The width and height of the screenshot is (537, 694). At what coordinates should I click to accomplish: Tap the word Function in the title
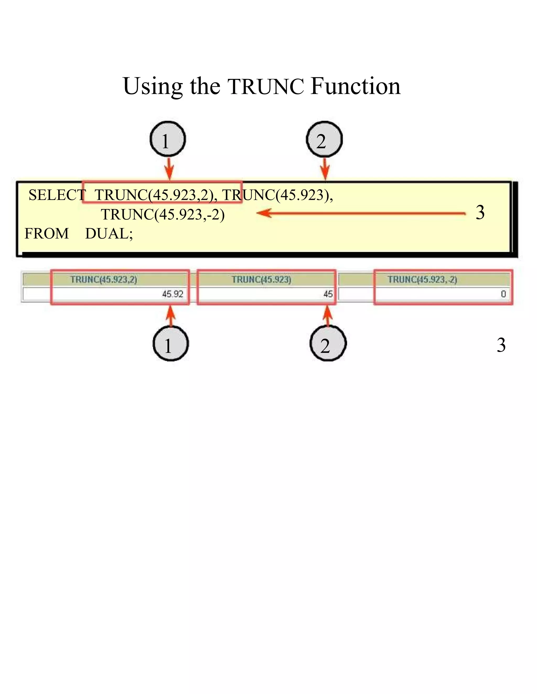click(x=355, y=86)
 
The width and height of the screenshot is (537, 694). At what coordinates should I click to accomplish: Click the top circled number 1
click(x=168, y=140)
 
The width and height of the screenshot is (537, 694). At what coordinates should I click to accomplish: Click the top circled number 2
click(x=324, y=140)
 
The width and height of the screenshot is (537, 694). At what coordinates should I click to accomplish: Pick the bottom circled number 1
click(x=171, y=344)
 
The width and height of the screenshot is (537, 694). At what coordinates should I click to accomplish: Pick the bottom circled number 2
click(x=328, y=344)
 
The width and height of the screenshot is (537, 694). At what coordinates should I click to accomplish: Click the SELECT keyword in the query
click(x=57, y=195)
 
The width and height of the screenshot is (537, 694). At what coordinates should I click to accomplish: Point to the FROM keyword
click(x=46, y=234)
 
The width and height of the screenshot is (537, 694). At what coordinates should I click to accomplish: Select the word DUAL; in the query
click(x=109, y=234)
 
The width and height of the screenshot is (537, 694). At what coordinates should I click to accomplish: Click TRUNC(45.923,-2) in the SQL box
click(x=163, y=214)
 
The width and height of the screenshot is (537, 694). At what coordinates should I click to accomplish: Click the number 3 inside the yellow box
click(x=480, y=212)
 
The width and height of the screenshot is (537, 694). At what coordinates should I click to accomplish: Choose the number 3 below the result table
click(x=501, y=345)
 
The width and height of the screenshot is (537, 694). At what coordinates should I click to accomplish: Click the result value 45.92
click(x=173, y=294)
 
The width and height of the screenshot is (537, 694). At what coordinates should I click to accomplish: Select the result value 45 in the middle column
click(x=328, y=294)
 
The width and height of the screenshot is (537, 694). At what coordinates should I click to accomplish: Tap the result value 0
click(x=503, y=294)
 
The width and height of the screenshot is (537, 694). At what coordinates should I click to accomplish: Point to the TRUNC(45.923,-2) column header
click(x=422, y=280)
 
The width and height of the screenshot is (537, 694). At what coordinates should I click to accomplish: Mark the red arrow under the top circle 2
click(x=325, y=169)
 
